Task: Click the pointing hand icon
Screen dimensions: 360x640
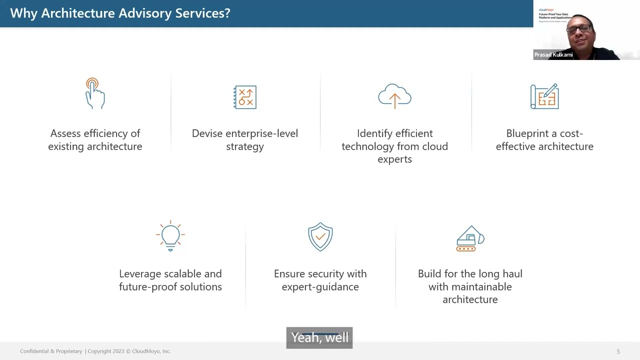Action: [x=94, y=93]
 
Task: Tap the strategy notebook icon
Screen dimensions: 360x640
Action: [x=245, y=97]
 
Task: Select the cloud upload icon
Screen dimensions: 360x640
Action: [x=394, y=95]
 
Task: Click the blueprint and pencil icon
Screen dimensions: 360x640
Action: [x=544, y=96]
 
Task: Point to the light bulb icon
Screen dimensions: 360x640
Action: [x=170, y=235]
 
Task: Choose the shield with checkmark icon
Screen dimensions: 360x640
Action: [x=320, y=236]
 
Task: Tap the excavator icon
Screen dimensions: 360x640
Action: [x=470, y=238]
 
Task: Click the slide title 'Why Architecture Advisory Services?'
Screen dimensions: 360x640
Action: [x=120, y=13]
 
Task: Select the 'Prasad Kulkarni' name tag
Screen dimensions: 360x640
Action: [x=553, y=55]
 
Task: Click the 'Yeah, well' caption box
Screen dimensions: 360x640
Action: [x=319, y=337]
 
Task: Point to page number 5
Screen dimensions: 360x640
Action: [x=618, y=351]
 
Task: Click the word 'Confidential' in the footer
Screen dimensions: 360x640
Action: [x=34, y=351]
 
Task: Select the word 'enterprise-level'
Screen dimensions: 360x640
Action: [x=261, y=133]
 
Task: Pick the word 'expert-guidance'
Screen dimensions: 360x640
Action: [x=320, y=287]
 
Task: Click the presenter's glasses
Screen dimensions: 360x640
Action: [x=580, y=29]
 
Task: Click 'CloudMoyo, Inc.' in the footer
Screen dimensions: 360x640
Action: [x=151, y=351]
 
